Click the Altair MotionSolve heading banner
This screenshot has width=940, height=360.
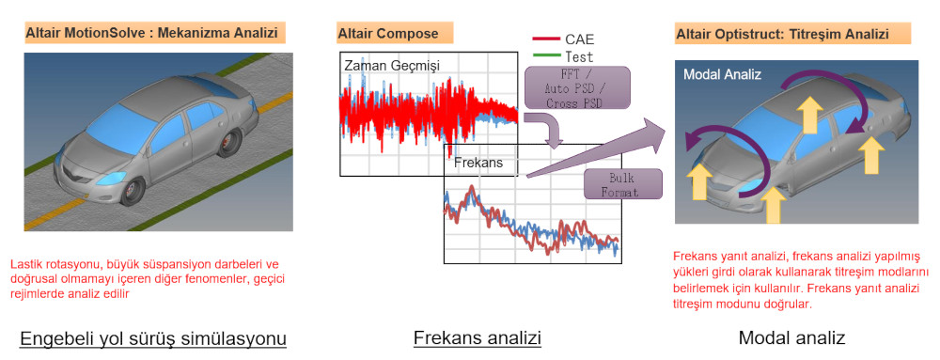point(155,32)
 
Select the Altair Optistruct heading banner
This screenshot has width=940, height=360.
point(793,33)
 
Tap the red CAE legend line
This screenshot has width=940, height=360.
point(545,40)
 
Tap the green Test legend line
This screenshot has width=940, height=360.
point(545,55)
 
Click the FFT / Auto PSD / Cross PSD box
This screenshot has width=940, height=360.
point(577,87)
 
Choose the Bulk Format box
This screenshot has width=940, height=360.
point(623,184)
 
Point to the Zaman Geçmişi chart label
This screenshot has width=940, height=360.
point(392,66)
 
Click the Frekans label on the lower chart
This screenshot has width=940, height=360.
point(477,163)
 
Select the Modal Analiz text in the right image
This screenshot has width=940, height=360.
point(722,75)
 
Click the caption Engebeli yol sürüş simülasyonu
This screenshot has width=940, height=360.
point(153,339)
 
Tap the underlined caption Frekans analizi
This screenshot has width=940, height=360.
point(478,338)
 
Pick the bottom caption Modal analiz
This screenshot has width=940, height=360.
point(791,338)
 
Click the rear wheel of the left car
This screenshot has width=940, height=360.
point(228,142)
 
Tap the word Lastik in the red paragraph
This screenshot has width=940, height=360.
point(24,264)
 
